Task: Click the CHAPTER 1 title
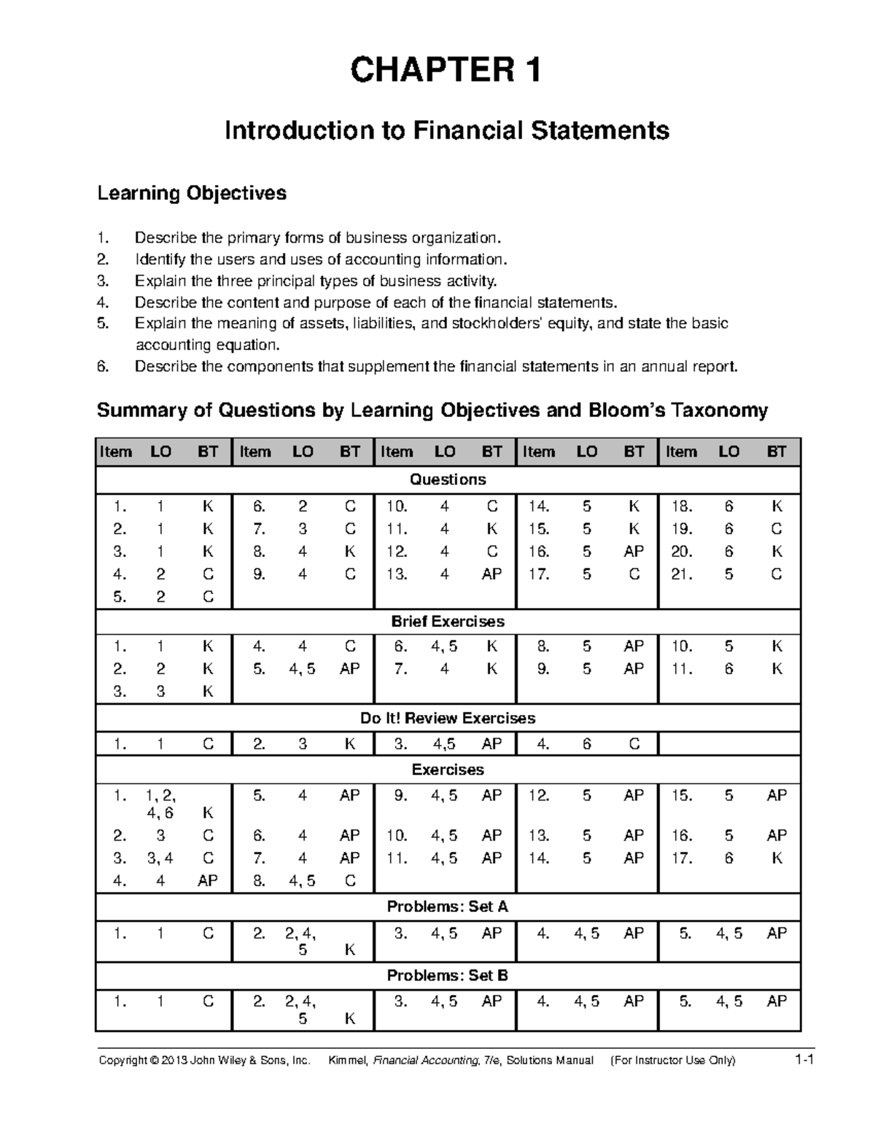446,71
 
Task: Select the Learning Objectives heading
192,193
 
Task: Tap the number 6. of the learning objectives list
103,367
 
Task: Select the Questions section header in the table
448,480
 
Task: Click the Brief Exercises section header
448,622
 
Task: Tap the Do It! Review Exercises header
448,719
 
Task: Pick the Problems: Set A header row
448,907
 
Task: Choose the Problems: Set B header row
448,975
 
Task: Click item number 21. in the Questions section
682,574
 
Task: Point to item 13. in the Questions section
397,574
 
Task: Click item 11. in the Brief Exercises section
682,669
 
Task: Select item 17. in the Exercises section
682,859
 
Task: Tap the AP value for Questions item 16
634,552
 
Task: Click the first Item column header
116,452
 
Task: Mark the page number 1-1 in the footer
804,1060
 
